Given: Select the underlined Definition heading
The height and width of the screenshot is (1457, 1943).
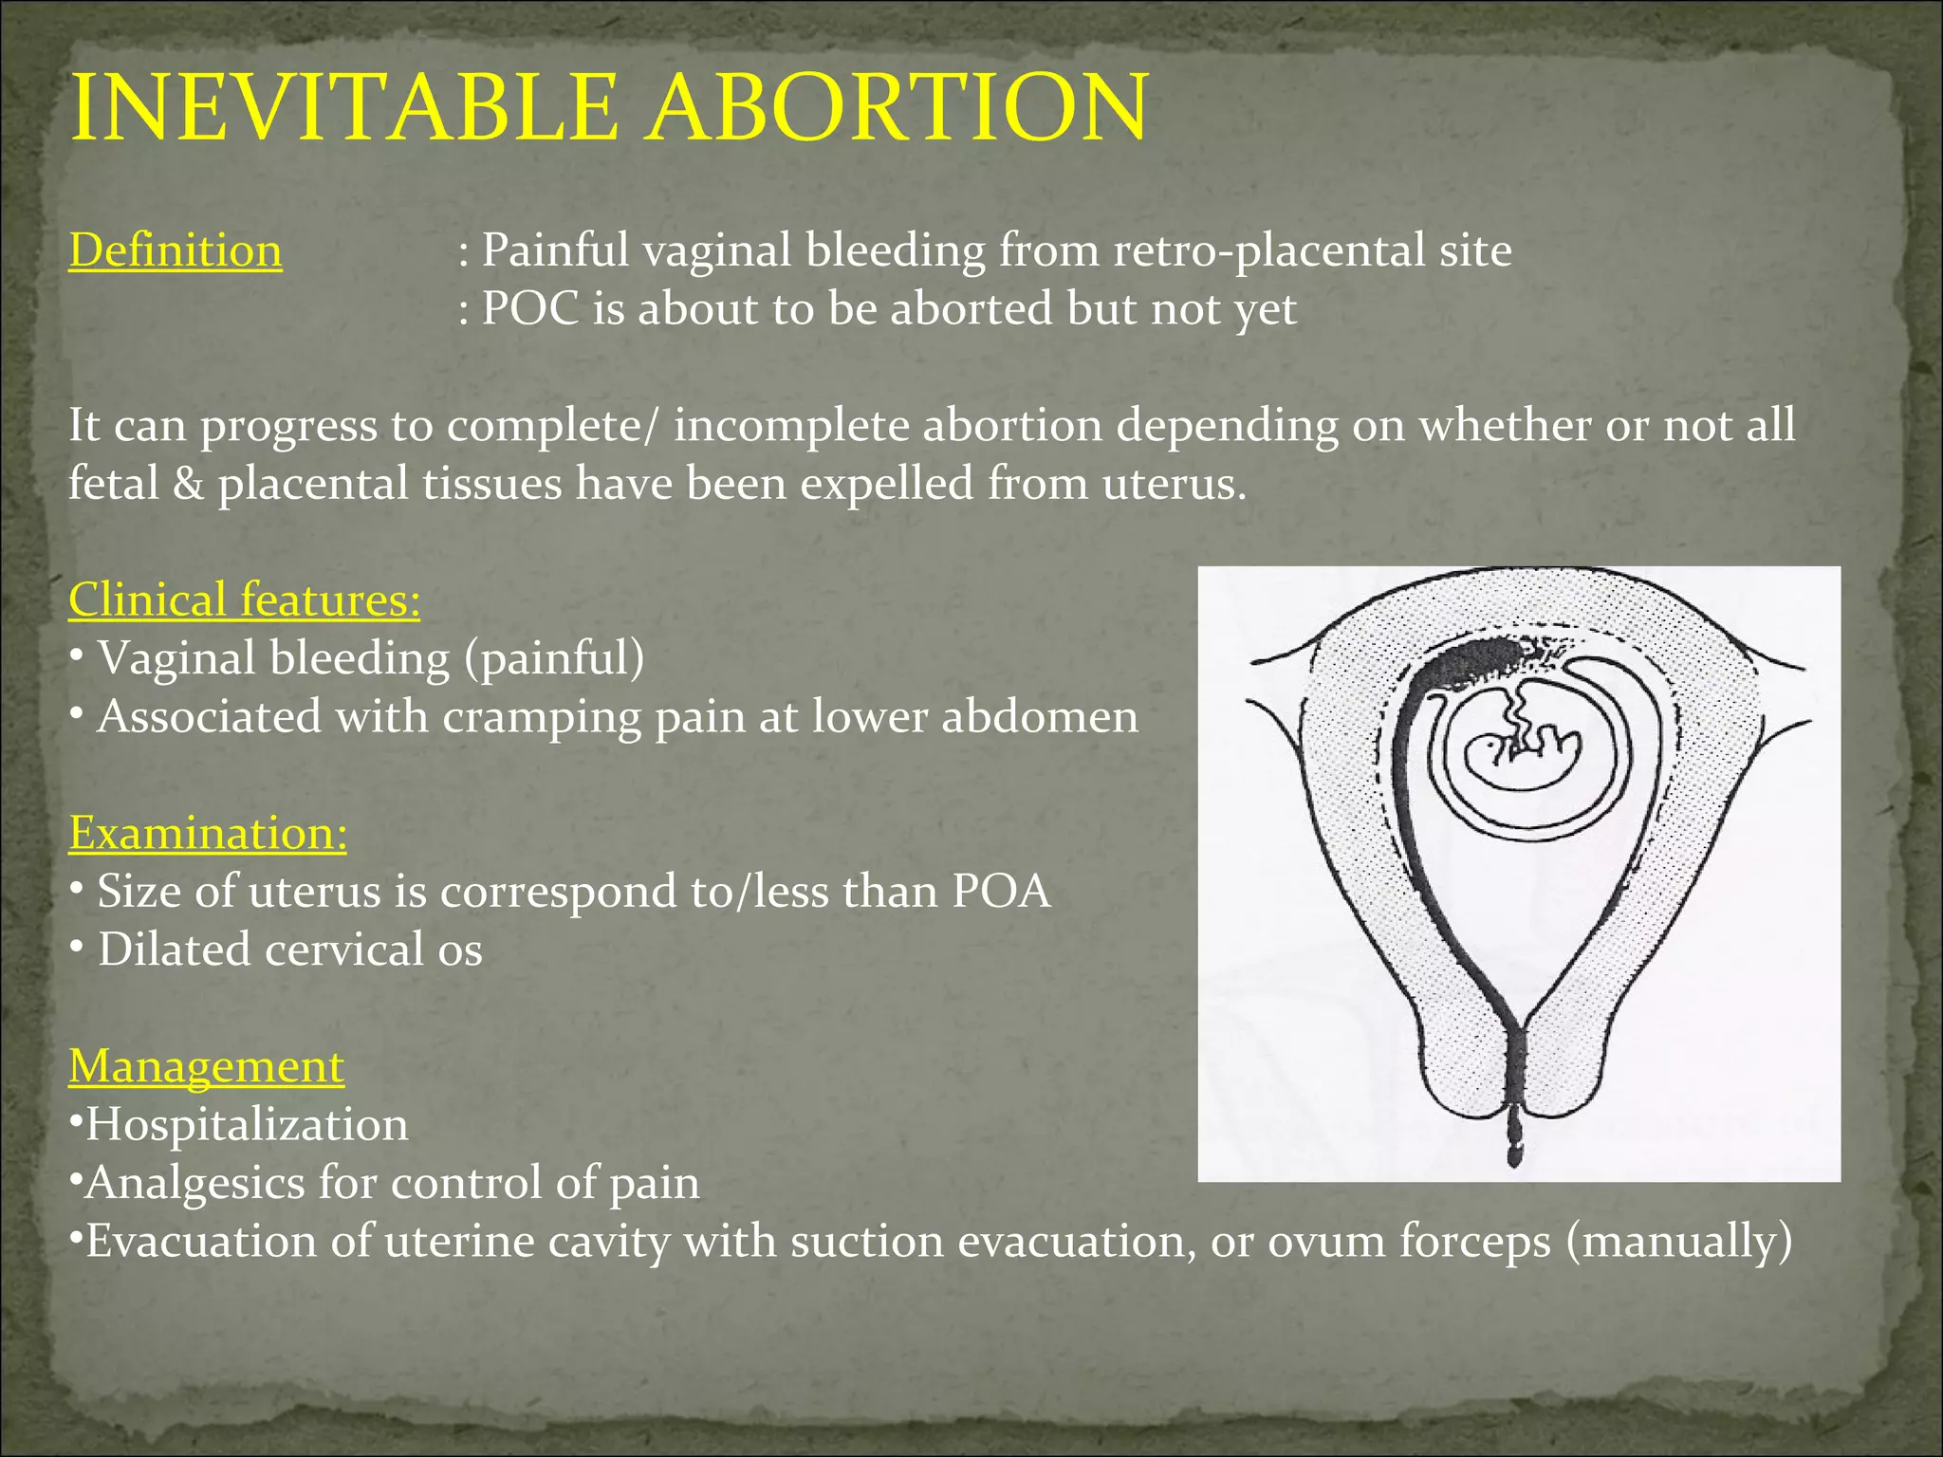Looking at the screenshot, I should click(176, 251).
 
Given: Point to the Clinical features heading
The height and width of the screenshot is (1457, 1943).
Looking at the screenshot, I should click(244, 600).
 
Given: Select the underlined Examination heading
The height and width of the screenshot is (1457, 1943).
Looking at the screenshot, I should click(208, 834).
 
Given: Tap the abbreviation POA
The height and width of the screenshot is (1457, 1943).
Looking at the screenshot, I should click(1001, 892).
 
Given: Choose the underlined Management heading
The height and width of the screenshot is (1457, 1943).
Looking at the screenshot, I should click(206, 1066).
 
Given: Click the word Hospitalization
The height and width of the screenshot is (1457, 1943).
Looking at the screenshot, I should click(247, 1125).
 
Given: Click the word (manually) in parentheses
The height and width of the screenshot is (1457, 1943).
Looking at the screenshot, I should click(1679, 1242).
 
